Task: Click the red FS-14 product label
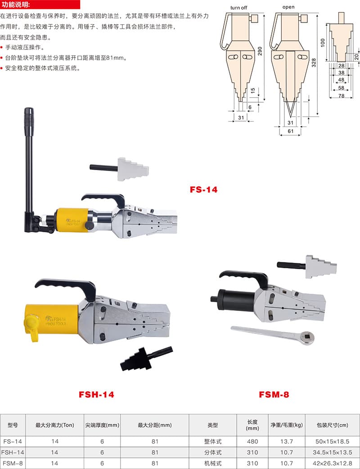(x=203, y=189)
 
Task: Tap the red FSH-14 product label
(x=96, y=395)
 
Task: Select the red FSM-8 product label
(x=274, y=395)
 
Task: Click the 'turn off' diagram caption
(x=238, y=8)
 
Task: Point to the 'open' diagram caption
(x=288, y=7)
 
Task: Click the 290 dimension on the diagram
(x=260, y=51)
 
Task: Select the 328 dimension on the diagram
(x=314, y=63)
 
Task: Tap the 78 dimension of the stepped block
(x=341, y=96)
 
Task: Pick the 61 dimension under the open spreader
(x=290, y=131)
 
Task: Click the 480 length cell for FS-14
(x=252, y=442)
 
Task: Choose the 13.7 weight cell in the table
(x=287, y=442)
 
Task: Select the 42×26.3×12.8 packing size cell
(x=332, y=463)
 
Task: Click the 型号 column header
(x=13, y=425)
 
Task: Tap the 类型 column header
(x=212, y=425)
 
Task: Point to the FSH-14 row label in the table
(x=13, y=452)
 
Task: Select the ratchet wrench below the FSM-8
(x=273, y=335)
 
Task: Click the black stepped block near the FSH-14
(x=146, y=359)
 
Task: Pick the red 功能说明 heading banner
(x=40, y=5)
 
